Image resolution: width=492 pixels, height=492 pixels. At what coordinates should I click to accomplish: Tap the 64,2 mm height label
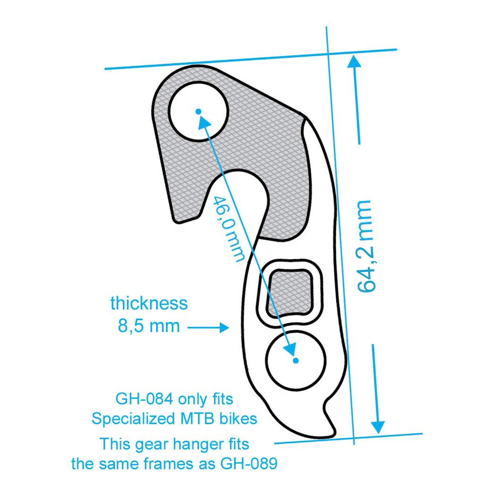364,246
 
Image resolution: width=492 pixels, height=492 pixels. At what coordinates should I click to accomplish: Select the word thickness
149,303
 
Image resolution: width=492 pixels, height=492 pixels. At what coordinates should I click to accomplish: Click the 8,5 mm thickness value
149,326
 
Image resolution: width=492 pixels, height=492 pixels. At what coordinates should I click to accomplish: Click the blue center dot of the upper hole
198,111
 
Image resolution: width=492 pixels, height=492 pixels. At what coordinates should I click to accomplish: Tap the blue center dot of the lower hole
296,360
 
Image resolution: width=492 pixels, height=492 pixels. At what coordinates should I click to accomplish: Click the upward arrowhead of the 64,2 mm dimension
354,61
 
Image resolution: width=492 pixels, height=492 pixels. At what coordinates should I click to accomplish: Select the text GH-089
249,464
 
